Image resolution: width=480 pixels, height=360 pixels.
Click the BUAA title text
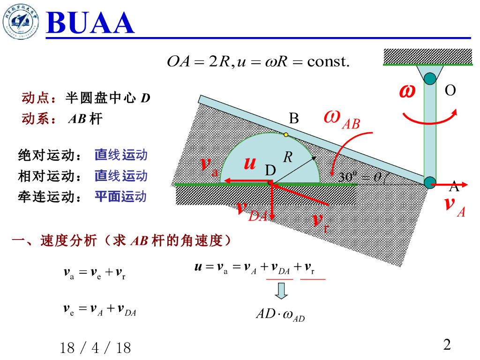[90, 22]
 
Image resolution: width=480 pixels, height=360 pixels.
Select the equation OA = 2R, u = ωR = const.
[258, 62]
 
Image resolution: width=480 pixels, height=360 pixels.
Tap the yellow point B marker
[286, 135]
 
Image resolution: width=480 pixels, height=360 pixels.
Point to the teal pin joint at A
[430, 183]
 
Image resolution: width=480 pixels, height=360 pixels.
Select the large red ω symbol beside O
[407, 91]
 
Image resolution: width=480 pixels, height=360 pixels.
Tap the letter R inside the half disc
[288, 157]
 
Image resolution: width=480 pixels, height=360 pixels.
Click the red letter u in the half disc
[250, 164]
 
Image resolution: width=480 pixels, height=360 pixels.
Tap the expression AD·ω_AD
[280, 315]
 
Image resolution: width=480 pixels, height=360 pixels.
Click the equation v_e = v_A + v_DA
[99, 309]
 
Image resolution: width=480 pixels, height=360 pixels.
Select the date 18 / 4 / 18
[96, 348]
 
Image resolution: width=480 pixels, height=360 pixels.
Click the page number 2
[447, 345]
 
